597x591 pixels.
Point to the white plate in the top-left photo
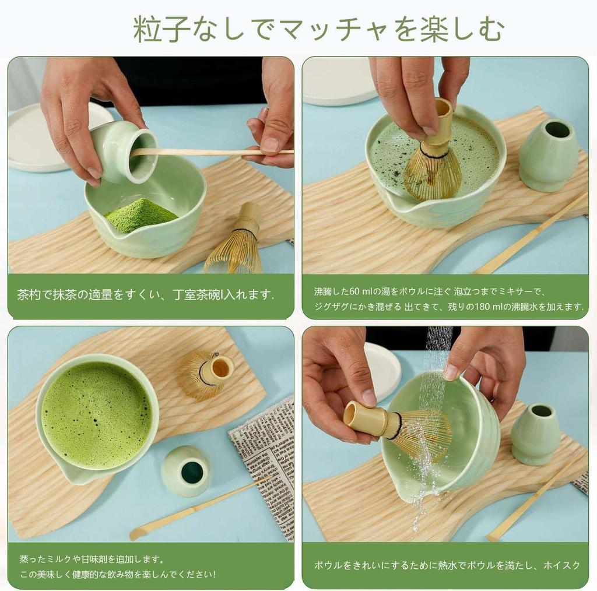[x=50, y=137]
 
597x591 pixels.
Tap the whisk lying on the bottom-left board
[x=206, y=375]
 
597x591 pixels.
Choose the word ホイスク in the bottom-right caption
[x=561, y=565]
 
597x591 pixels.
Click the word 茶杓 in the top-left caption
[x=29, y=295]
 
